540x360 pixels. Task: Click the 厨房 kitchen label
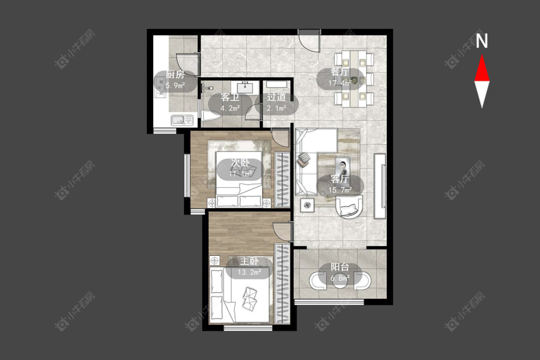[x=175, y=74]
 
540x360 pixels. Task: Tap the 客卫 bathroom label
[x=230, y=97]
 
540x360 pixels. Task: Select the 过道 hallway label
[x=276, y=97]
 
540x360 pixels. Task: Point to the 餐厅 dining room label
[x=340, y=72]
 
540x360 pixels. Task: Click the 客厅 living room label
[x=340, y=179]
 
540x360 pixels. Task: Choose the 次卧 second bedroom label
[x=240, y=163]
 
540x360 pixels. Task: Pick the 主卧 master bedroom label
[x=249, y=261]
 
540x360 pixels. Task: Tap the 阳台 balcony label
[x=340, y=267]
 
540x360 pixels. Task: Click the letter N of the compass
[x=482, y=41]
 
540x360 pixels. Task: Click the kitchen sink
[x=182, y=120]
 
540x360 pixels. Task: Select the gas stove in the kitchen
[x=160, y=87]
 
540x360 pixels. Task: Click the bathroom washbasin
[x=245, y=87]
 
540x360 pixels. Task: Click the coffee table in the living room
[x=342, y=167]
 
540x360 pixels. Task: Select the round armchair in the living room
[x=349, y=206]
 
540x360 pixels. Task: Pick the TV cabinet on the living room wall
[x=380, y=186]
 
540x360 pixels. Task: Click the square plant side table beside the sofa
[x=307, y=205]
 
